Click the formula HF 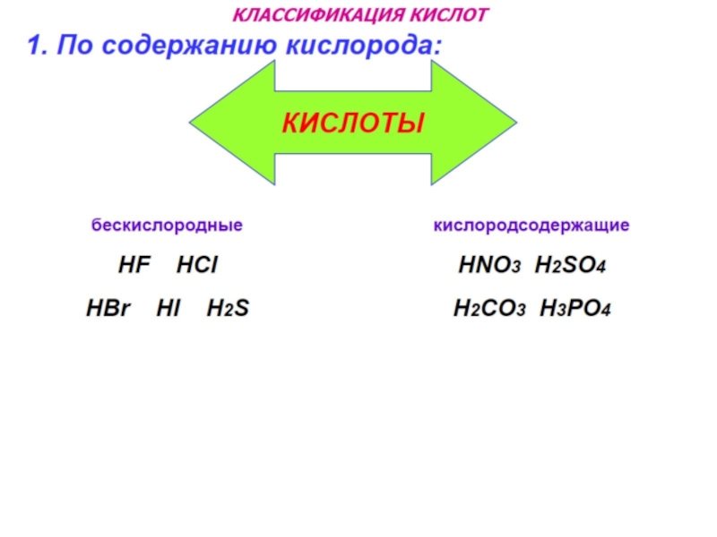click(132, 266)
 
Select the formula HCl click(197, 266)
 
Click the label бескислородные click(167, 226)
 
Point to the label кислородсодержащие click(531, 226)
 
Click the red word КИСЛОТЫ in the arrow click(352, 123)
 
